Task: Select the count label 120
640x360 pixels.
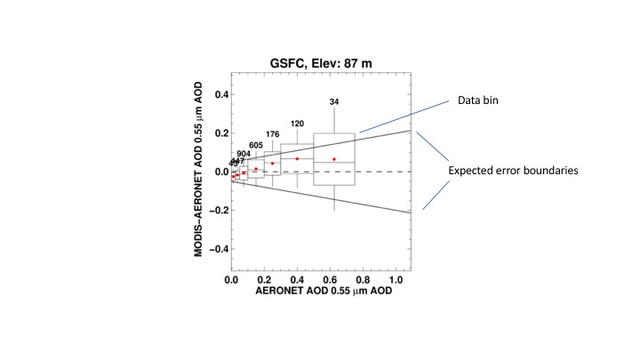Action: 297,124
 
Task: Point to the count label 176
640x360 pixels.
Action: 272,134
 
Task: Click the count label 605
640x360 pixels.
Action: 256,145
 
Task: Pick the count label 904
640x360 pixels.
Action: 244,154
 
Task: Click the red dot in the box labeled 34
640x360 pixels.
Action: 334,159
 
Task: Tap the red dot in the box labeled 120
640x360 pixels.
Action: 297,158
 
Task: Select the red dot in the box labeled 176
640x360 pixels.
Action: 273,164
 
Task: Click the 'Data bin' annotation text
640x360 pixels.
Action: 477,101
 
